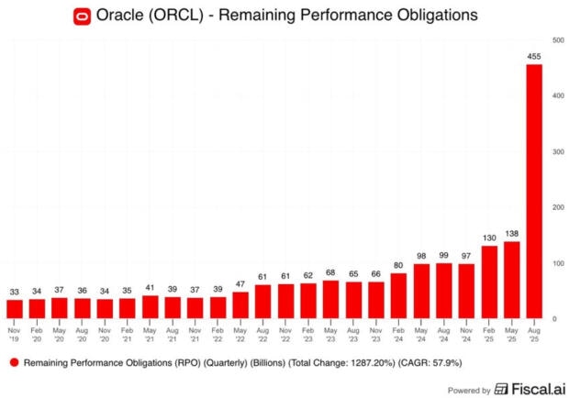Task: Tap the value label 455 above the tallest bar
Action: coord(533,57)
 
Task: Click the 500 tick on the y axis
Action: coord(557,40)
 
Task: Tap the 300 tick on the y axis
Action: coord(557,151)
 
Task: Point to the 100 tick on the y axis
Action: coord(557,263)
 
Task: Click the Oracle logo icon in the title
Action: coord(162,15)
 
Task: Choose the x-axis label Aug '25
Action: coord(533,332)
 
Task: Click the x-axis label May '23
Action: coord(330,332)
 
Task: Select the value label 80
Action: coord(398,266)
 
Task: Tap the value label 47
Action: coord(240,284)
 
